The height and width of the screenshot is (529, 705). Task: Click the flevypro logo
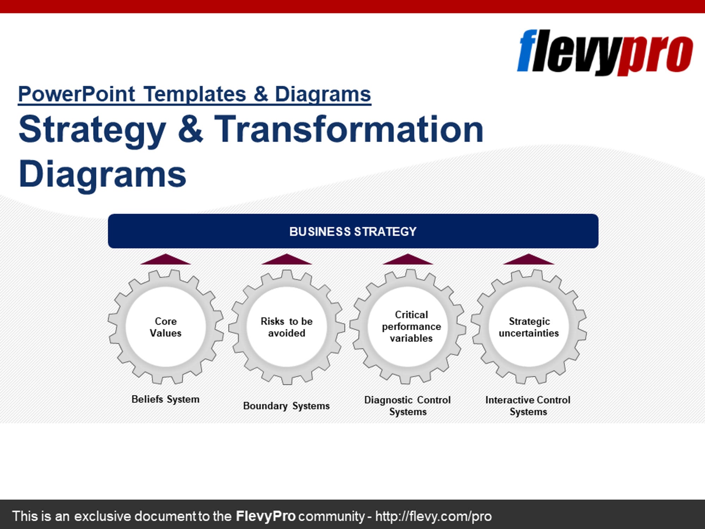[604, 52]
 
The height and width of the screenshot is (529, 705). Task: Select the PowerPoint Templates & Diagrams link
[194, 94]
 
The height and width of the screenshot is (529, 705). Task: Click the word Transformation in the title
[349, 129]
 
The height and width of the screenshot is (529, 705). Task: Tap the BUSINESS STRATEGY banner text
[353, 231]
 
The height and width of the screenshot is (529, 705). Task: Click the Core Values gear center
[165, 327]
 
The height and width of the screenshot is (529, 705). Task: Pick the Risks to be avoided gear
[287, 327]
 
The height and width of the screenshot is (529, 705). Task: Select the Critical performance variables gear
[408, 327]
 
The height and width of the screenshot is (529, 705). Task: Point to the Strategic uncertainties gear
[529, 327]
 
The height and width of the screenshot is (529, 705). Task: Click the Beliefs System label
[165, 399]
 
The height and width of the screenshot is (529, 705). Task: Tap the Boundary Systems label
[286, 406]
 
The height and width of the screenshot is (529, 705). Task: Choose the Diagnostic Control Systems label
[407, 406]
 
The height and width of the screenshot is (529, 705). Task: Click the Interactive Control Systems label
[528, 406]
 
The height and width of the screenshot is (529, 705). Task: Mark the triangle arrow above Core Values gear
[165, 260]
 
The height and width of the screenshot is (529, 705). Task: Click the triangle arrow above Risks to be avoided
[287, 260]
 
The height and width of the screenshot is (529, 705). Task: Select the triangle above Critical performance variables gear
[408, 260]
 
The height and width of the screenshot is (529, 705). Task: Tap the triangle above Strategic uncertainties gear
[528, 260]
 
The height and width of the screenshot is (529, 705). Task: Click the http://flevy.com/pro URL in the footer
[433, 516]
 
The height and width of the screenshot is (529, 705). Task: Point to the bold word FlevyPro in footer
[265, 516]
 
